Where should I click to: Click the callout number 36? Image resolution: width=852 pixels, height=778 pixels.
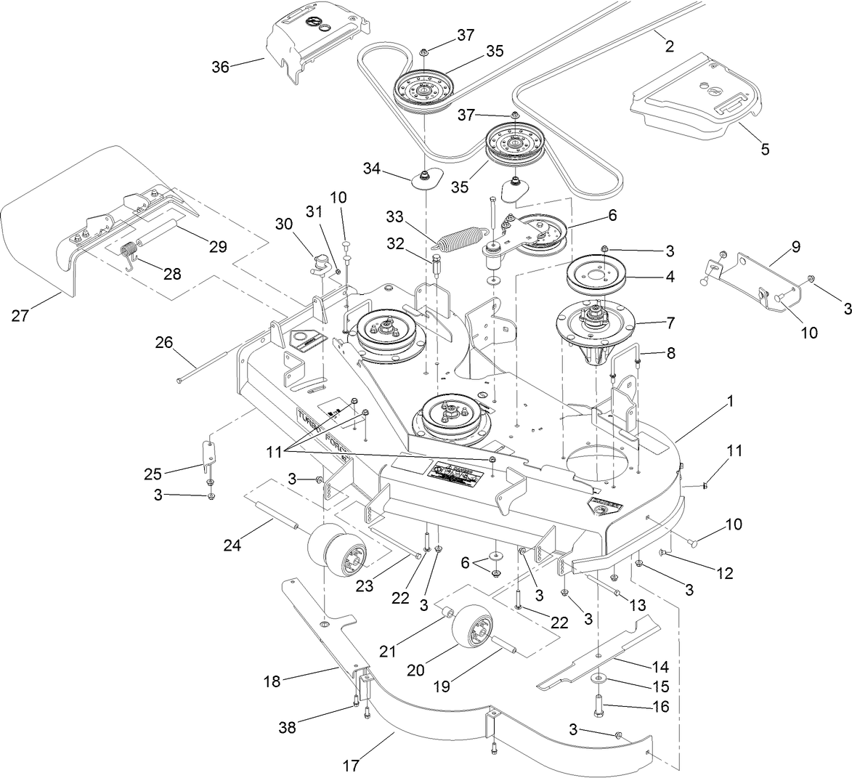(220, 67)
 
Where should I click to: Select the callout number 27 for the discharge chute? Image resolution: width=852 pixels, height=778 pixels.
(22, 315)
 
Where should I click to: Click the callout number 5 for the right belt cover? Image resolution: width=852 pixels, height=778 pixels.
(765, 150)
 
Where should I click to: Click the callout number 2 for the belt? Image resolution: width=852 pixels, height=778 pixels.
(669, 46)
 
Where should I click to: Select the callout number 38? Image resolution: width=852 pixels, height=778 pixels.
(288, 727)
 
